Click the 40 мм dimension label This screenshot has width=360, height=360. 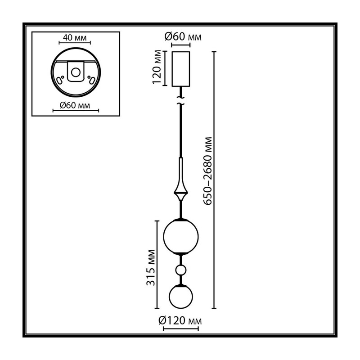(75, 38)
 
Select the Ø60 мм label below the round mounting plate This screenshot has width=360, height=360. (75, 105)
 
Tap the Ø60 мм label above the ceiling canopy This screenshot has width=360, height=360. (183, 37)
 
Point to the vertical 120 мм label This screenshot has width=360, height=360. (157, 67)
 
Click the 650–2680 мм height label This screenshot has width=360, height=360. (208, 171)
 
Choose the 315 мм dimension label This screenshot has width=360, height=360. (151, 267)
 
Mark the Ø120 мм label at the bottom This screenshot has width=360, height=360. (180, 321)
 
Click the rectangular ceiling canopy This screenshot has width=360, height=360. (181, 69)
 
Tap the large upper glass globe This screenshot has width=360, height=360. (181, 237)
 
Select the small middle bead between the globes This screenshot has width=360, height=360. (181, 270)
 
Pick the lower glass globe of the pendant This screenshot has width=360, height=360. (181, 297)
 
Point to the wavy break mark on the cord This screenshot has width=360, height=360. (181, 101)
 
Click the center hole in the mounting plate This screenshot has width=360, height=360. (76, 72)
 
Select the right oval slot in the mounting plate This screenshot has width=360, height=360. (92, 81)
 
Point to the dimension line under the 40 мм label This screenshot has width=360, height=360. (75, 43)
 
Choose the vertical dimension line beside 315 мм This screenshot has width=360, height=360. (157, 265)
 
